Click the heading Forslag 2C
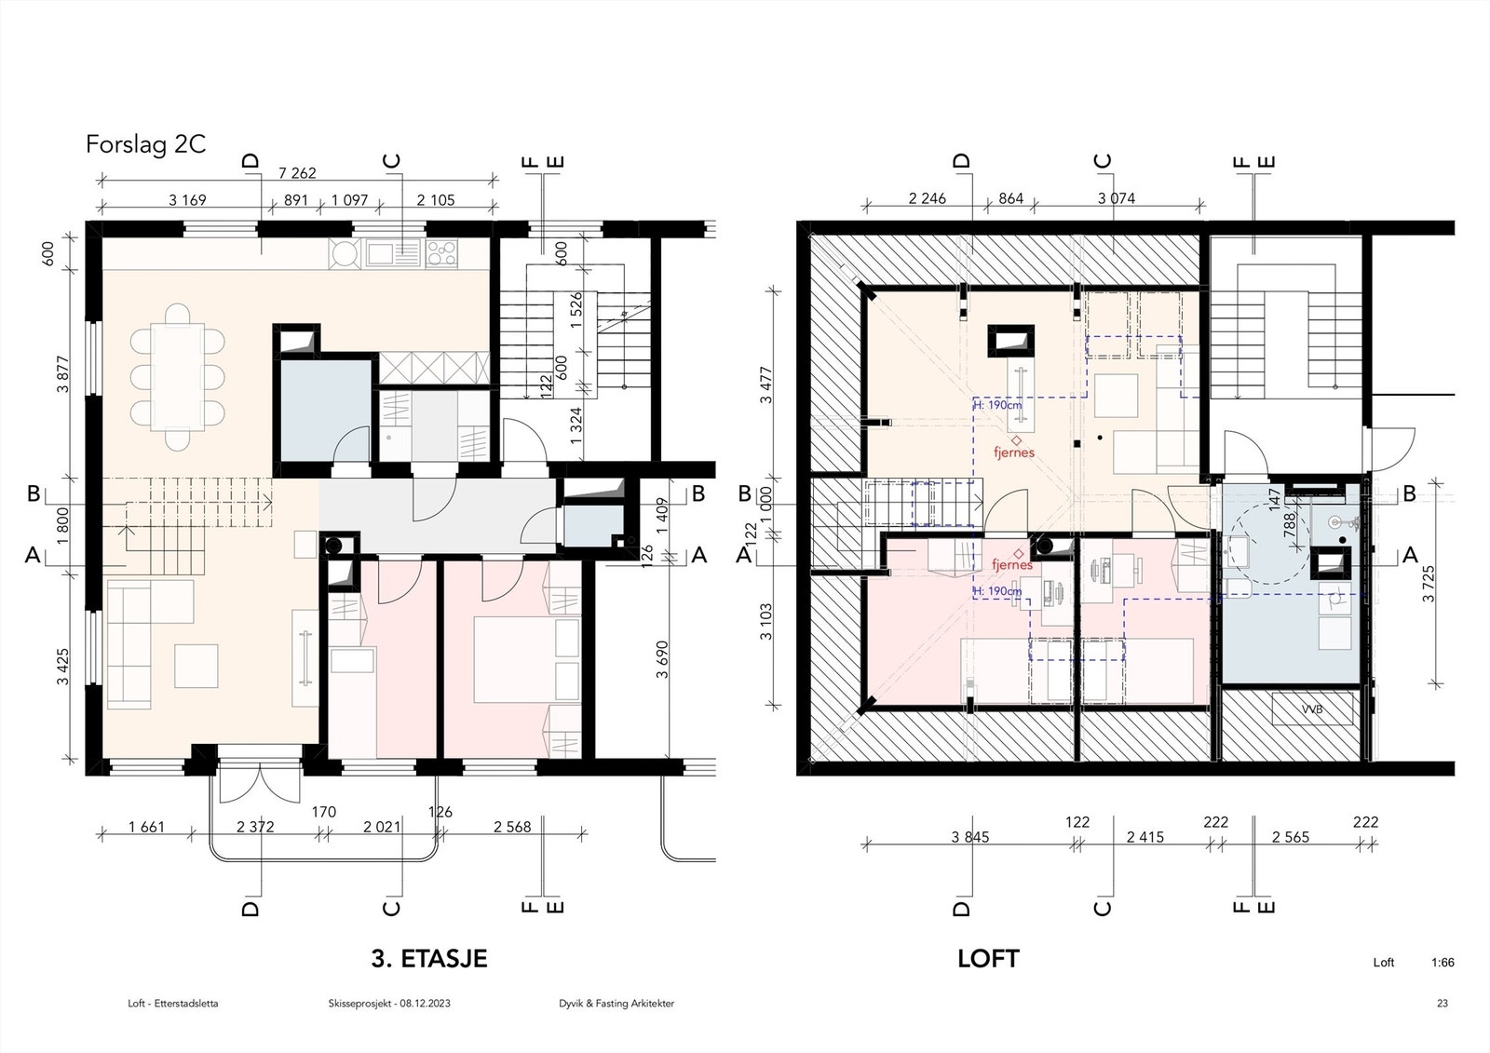coord(145,145)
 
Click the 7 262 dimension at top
coord(297,172)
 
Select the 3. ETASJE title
coord(428,958)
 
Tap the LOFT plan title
coord(988,958)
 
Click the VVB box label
coord(1312,709)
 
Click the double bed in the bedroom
coord(517,659)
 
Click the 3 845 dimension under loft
coord(969,837)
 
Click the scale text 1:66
coord(1443,963)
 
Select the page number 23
coord(1443,1004)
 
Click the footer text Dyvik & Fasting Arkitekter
coord(611,1004)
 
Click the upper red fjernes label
coord(1013,452)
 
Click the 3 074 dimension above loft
coord(1116,198)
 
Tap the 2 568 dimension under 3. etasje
coord(512,827)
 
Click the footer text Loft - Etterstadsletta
coord(173,1004)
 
